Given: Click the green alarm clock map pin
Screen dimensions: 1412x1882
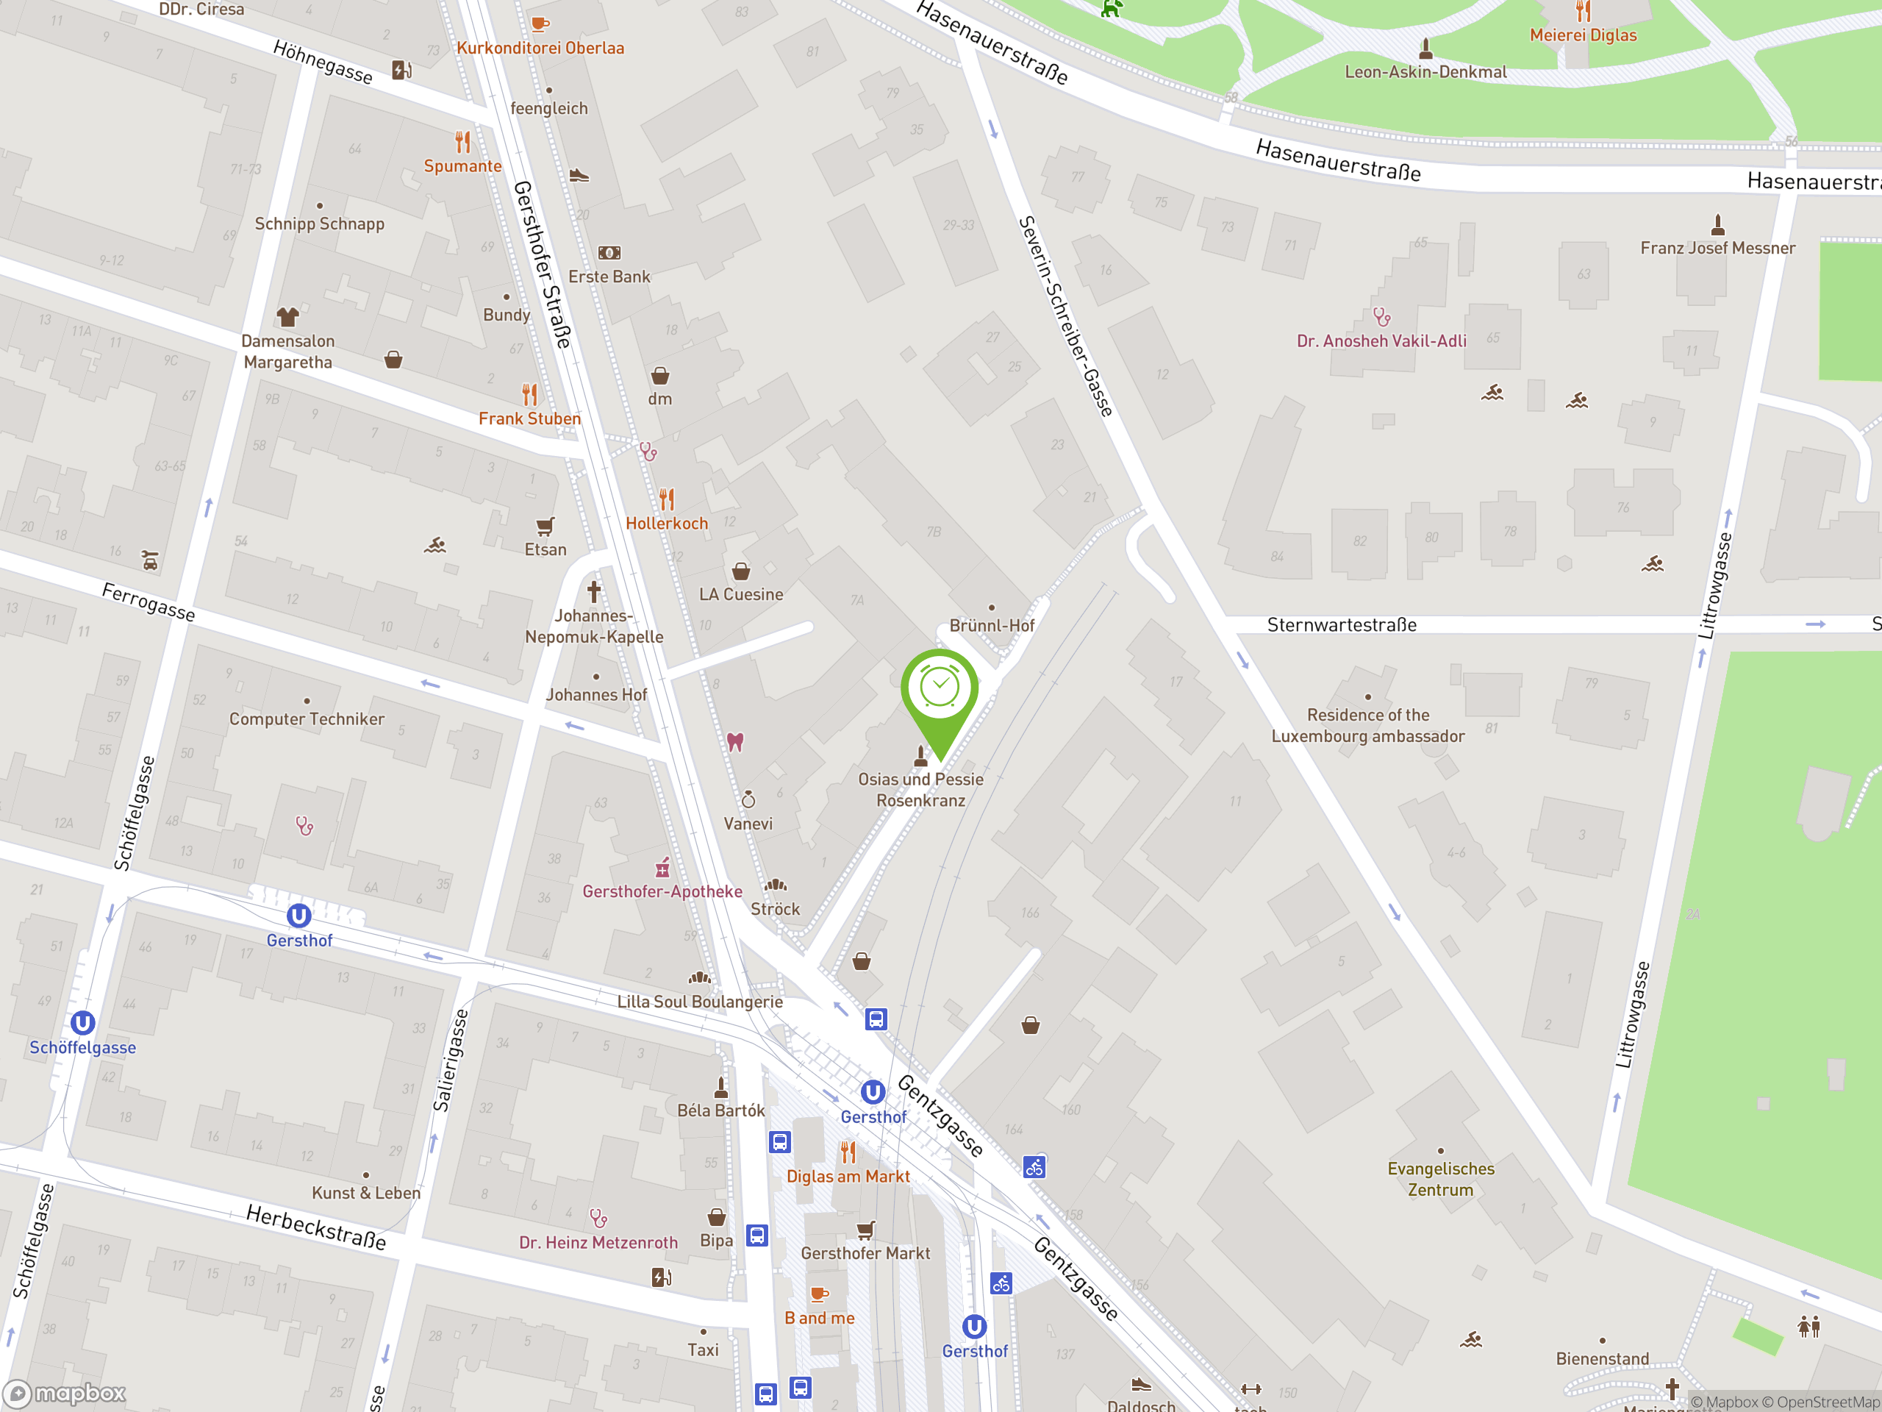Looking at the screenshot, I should pyautogui.click(x=940, y=688).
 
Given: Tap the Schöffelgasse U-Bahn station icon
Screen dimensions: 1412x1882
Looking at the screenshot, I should pyautogui.click(x=82, y=1022).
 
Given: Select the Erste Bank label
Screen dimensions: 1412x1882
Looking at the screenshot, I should pyautogui.click(x=609, y=277).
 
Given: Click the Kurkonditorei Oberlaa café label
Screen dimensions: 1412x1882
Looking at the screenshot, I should pyautogui.click(x=540, y=48).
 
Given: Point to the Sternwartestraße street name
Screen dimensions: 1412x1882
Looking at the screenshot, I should pyautogui.click(x=1342, y=624).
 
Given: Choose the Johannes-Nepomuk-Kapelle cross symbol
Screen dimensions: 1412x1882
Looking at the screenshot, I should pyautogui.click(x=594, y=591).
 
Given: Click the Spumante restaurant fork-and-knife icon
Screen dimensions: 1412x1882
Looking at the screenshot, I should pyautogui.click(x=462, y=141).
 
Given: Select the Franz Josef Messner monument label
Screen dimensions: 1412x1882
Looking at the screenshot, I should pyautogui.click(x=1717, y=248).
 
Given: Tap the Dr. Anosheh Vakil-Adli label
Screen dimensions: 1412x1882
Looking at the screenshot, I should pyautogui.click(x=1381, y=341).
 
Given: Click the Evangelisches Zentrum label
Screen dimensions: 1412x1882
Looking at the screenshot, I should pyautogui.click(x=1440, y=1179).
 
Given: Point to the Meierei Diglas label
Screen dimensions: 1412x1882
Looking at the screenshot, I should pyautogui.click(x=1583, y=35).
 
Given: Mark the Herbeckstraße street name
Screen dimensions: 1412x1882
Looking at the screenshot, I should pyautogui.click(x=315, y=1227).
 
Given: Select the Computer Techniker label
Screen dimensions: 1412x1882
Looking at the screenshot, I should pyautogui.click(x=307, y=719).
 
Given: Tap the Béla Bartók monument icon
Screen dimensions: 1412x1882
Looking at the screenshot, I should pyautogui.click(x=721, y=1087).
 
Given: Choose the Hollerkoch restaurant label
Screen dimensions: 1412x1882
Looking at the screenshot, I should pyautogui.click(x=666, y=524).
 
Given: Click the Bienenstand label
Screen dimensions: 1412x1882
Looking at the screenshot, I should pyautogui.click(x=1602, y=1358).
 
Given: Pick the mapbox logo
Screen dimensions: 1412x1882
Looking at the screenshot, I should pyautogui.click(x=65, y=1394).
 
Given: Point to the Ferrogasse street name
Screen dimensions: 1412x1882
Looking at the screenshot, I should pyautogui.click(x=148, y=602).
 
